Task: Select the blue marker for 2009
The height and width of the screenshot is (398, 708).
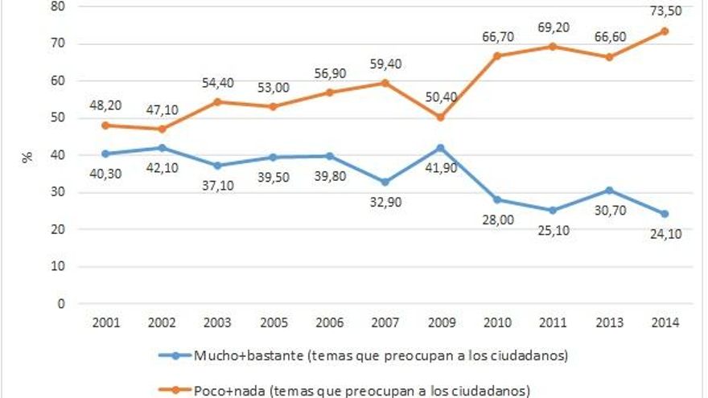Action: click(x=439, y=148)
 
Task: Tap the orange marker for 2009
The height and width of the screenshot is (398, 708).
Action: click(x=439, y=117)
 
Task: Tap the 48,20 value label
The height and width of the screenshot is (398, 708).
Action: click(x=105, y=105)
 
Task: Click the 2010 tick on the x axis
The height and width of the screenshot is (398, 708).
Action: click(x=496, y=322)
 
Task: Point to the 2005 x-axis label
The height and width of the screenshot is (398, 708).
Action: click(x=273, y=322)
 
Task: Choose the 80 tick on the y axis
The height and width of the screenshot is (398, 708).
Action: click(x=60, y=6)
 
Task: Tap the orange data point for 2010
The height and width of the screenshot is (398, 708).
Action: click(x=496, y=56)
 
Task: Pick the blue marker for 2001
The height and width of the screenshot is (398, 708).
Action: click(x=105, y=154)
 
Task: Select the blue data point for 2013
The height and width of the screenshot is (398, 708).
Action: click(x=607, y=190)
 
